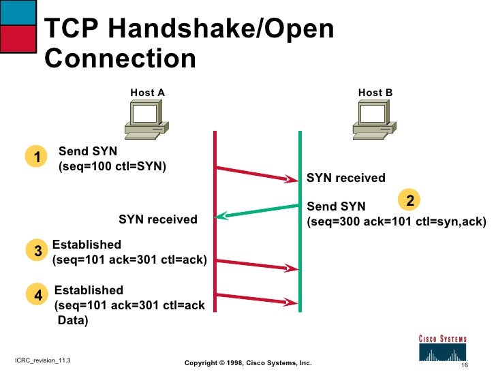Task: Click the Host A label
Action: click(x=147, y=93)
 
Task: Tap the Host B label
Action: click(x=375, y=93)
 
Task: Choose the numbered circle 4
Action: click(x=38, y=294)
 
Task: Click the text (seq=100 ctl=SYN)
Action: click(x=113, y=166)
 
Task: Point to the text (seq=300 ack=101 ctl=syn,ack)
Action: click(x=397, y=221)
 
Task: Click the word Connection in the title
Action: click(x=121, y=59)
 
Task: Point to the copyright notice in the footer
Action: click(x=248, y=363)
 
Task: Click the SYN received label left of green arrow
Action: click(x=157, y=219)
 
